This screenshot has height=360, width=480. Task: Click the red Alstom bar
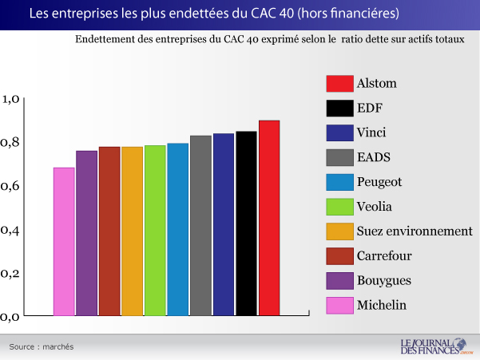pyautogui.click(x=269, y=218)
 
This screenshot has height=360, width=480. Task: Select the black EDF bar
pyautogui.click(x=246, y=224)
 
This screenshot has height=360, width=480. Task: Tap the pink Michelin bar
pyautogui.click(x=64, y=241)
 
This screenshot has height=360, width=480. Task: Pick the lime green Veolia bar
pyautogui.click(x=155, y=230)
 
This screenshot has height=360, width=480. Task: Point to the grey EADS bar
pyautogui.click(x=201, y=225)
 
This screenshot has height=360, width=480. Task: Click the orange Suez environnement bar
pyautogui.click(x=133, y=231)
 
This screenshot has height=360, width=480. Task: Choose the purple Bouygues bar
pyautogui.click(x=86, y=233)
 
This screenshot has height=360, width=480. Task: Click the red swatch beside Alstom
pyautogui.click(x=340, y=84)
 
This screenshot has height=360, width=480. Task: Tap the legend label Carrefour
pyautogui.click(x=385, y=256)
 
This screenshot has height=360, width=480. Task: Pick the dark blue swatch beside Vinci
pyautogui.click(x=340, y=133)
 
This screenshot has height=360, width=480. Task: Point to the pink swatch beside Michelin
pyautogui.click(x=340, y=305)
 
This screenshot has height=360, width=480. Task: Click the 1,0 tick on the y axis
pyautogui.click(x=13, y=100)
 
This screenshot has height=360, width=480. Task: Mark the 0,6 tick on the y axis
pyautogui.click(x=13, y=186)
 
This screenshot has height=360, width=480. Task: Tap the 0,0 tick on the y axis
pyautogui.click(x=13, y=316)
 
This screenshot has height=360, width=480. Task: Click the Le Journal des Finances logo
pyautogui.click(x=434, y=346)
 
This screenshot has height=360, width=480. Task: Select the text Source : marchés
pyautogui.click(x=42, y=346)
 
